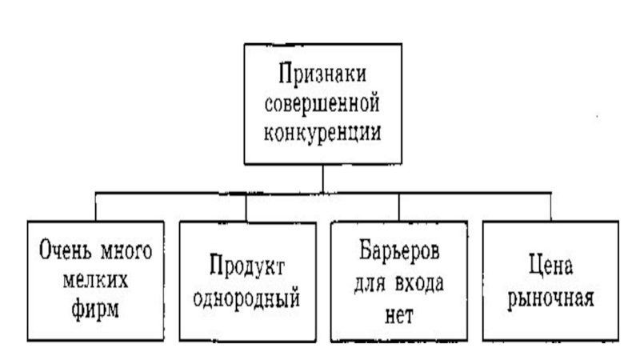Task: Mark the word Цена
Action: point(552,266)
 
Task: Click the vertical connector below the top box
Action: point(322,178)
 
